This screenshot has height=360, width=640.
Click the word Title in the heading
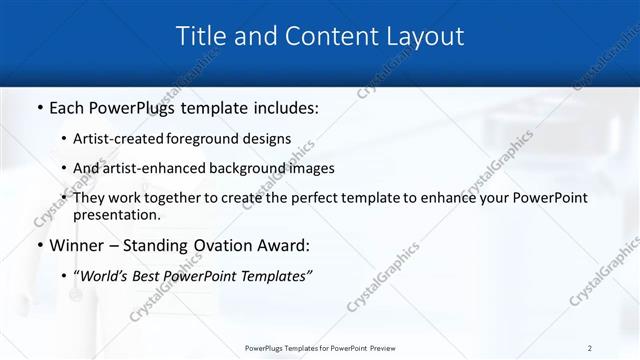click(x=201, y=37)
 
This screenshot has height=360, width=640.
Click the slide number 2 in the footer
click(x=589, y=347)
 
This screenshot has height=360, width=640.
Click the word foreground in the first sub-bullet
click(x=214, y=139)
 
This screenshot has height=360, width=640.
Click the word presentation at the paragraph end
click(x=116, y=214)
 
